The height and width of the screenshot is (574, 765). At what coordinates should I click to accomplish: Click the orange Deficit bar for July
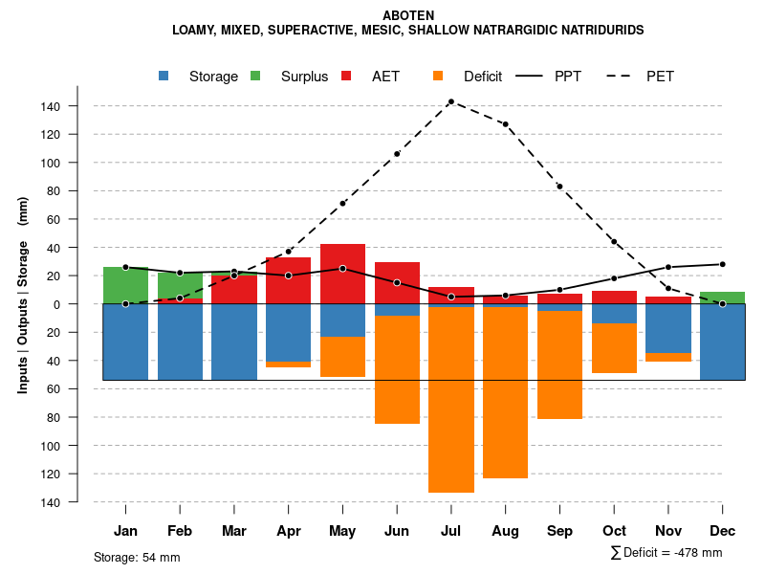tap(451, 400)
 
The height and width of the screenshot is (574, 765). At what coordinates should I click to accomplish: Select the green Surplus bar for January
tap(125, 285)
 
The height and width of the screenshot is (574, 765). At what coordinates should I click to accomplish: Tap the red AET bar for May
tap(342, 274)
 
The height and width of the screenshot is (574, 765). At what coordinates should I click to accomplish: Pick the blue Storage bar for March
tap(234, 342)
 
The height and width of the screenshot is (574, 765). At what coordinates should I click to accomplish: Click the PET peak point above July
tap(450, 101)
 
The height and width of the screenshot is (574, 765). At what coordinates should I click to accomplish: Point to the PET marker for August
tap(505, 124)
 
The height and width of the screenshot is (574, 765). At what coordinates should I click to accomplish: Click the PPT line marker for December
tap(722, 264)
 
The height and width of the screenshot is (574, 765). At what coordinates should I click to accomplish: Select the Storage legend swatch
tap(165, 76)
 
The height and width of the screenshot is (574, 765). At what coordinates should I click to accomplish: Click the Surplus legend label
tap(304, 77)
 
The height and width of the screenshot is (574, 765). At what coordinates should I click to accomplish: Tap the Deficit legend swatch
tap(438, 76)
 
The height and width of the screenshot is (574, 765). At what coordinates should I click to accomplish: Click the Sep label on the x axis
tap(559, 531)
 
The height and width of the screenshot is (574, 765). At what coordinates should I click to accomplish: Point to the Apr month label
tap(289, 531)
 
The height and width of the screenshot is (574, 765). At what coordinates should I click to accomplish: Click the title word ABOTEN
tap(407, 15)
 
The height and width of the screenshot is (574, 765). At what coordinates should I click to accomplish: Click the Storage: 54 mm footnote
tap(137, 557)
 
